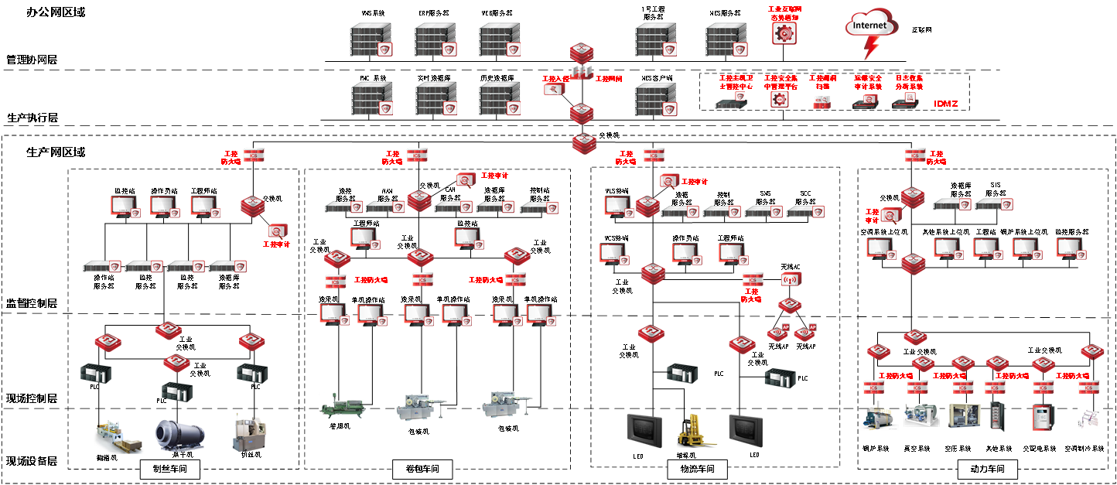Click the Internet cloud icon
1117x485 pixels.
point(871,26)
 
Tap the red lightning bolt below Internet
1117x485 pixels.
point(872,50)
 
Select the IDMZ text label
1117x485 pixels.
point(946,104)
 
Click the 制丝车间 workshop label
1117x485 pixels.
point(170,469)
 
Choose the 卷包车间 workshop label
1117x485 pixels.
point(422,469)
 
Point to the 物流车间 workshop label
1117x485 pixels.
point(697,469)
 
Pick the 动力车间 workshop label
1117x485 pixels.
point(987,469)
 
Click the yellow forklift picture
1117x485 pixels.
point(696,430)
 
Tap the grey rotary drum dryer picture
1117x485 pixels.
point(179,436)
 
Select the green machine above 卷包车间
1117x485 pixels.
point(342,405)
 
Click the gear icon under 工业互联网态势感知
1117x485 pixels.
point(784,32)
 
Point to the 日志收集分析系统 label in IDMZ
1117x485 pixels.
point(909,82)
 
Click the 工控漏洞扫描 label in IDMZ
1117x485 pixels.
point(822,82)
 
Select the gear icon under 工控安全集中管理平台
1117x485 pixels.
point(780,100)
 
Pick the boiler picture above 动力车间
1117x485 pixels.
point(879,415)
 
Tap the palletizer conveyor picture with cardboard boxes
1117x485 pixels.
point(119,436)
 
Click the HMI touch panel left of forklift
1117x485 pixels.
point(644,429)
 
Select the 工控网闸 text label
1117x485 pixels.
point(609,79)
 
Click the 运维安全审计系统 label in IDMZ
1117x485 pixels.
point(868,82)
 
